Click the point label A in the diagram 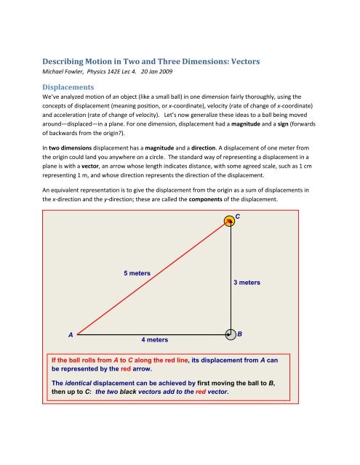pos(70,335)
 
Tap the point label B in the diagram pos(240,333)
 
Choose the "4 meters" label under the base pos(153,339)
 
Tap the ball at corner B pos(228,335)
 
